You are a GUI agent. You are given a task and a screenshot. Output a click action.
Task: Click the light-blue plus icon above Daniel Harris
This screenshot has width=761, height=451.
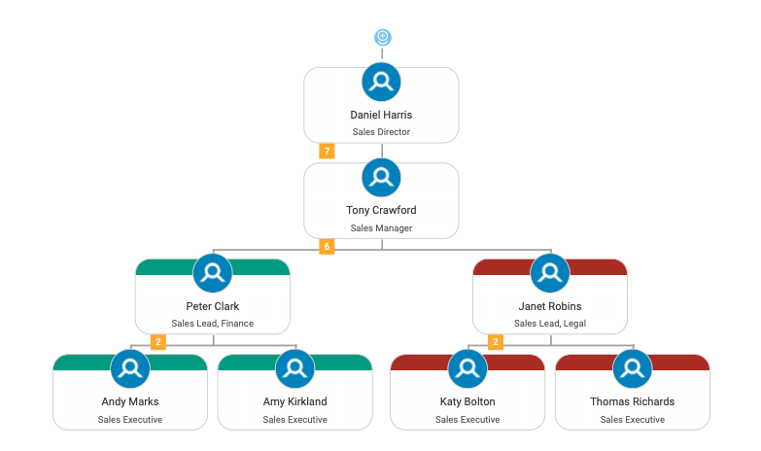[382, 37]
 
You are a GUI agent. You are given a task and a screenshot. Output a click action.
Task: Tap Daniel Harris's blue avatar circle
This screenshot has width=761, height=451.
[381, 82]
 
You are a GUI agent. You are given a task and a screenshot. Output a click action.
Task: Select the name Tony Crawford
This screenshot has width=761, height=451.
[381, 210]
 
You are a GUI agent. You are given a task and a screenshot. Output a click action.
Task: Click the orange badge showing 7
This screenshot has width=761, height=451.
[327, 151]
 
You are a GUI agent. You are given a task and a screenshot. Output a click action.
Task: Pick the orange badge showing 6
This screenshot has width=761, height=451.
[327, 246]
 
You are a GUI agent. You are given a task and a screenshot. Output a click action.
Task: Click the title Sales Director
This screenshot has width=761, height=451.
[381, 131]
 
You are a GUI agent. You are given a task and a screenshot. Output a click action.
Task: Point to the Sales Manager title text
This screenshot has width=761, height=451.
[381, 227]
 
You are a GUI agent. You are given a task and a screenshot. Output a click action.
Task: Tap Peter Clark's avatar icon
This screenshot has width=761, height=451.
[213, 273]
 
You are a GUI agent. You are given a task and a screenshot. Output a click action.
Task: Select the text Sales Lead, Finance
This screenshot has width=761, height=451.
[213, 324]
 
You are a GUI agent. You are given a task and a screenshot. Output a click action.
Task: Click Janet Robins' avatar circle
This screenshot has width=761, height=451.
[550, 273]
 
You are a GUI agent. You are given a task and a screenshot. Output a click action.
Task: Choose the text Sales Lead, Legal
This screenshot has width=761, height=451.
[550, 324]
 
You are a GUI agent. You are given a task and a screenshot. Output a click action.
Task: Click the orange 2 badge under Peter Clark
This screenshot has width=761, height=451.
[157, 342]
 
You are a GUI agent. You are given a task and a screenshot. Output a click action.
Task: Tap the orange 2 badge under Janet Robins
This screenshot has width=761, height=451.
[496, 342]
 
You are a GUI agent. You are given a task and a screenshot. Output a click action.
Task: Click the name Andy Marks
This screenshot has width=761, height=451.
[130, 401]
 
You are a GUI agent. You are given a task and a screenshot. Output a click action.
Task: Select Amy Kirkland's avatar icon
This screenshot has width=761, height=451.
[294, 368]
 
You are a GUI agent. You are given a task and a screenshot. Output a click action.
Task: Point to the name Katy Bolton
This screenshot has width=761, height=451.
[467, 401]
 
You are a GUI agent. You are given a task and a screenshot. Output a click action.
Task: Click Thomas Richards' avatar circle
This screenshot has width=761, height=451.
[633, 368]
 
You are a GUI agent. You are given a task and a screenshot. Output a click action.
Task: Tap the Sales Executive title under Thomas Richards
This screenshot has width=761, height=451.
[633, 420]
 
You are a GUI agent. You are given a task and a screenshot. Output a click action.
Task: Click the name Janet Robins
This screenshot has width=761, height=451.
[550, 306]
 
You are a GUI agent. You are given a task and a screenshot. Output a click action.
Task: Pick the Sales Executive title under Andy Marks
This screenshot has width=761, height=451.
[130, 420]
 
